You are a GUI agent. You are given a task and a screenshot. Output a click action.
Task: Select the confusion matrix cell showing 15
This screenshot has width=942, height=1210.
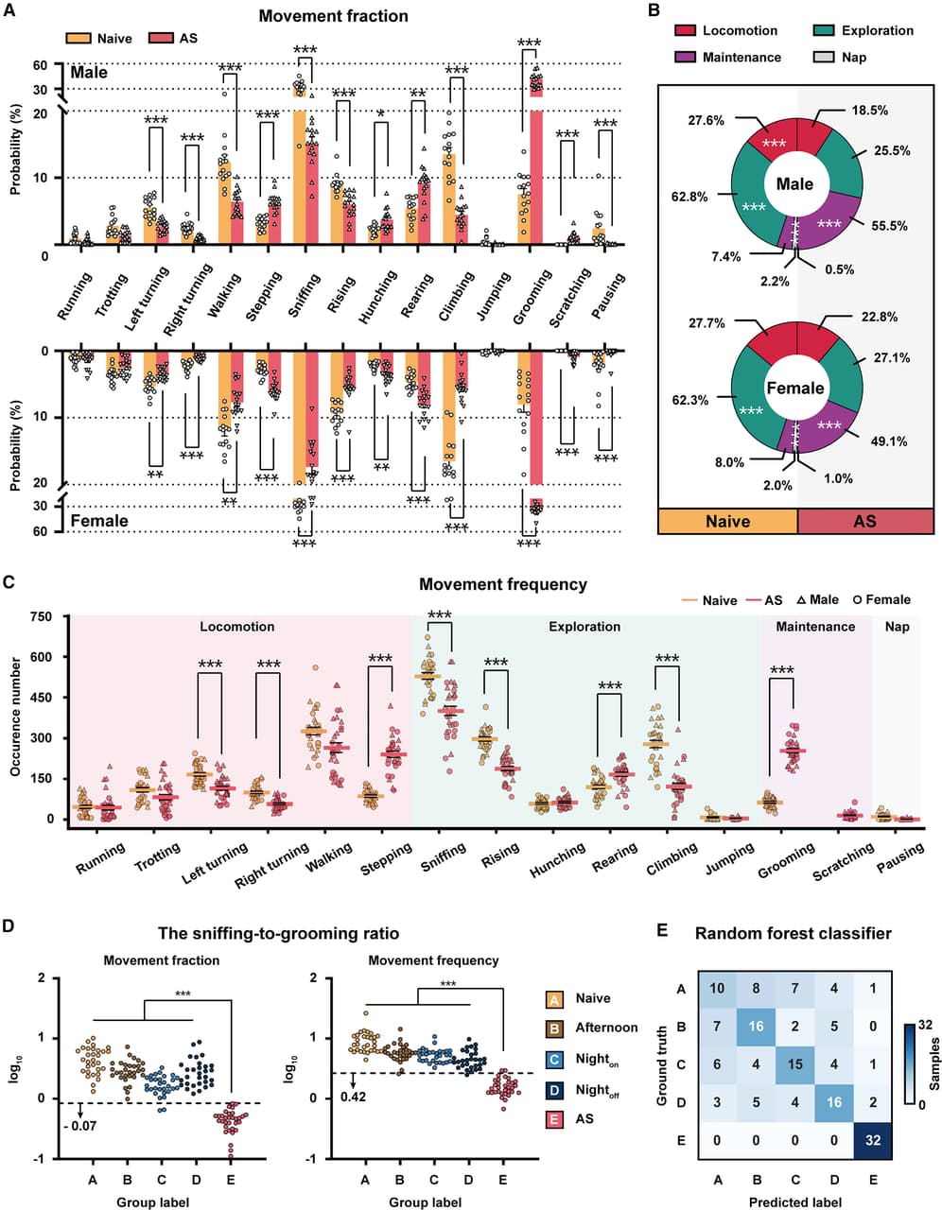coord(794,1064)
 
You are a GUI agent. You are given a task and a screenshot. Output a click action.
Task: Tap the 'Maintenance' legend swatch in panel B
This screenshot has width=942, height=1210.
coord(685,58)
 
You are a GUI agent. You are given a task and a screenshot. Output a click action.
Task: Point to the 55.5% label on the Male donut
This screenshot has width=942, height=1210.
coord(889,227)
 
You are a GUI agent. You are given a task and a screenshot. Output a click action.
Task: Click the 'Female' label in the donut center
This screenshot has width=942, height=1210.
coord(795,389)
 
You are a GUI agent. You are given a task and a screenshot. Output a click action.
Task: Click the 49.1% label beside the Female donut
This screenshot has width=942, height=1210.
coord(889,441)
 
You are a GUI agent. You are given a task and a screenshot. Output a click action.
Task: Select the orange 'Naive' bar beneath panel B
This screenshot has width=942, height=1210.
coord(727,521)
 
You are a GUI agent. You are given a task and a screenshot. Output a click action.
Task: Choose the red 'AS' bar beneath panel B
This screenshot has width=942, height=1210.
coord(864,521)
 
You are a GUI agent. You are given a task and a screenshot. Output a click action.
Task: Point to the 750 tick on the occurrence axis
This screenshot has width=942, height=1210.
coord(41,616)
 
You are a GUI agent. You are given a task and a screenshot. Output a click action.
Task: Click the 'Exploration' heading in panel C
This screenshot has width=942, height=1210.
coord(584,627)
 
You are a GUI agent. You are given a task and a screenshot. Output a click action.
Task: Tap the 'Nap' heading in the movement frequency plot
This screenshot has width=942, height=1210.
coord(897,627)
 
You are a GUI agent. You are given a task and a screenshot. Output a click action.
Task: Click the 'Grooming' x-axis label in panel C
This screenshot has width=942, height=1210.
coord(786,860)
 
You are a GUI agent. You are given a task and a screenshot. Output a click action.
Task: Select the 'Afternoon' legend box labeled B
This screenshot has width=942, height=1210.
coord(555,1028)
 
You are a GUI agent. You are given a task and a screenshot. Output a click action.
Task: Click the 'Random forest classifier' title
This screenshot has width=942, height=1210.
coord(793,934)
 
